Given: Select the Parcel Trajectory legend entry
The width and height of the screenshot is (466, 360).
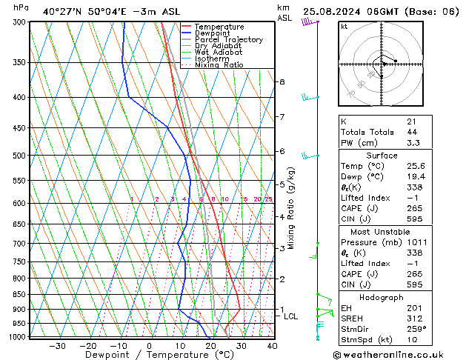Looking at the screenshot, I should point(228,40).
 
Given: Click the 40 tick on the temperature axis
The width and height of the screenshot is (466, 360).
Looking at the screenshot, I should point(272,346).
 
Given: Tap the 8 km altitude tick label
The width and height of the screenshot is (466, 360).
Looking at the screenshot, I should point(282,81).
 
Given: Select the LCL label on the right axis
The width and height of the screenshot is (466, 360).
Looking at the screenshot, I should point(291,316).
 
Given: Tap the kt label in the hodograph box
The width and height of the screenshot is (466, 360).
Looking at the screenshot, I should point(344,27).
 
